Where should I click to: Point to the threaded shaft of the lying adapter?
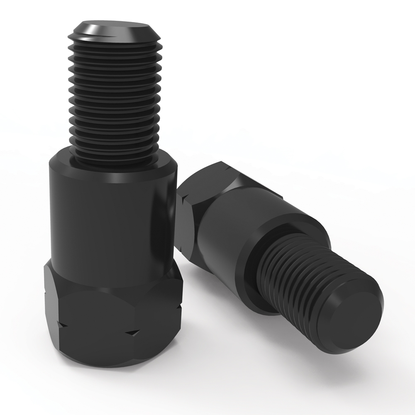point(299,282)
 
